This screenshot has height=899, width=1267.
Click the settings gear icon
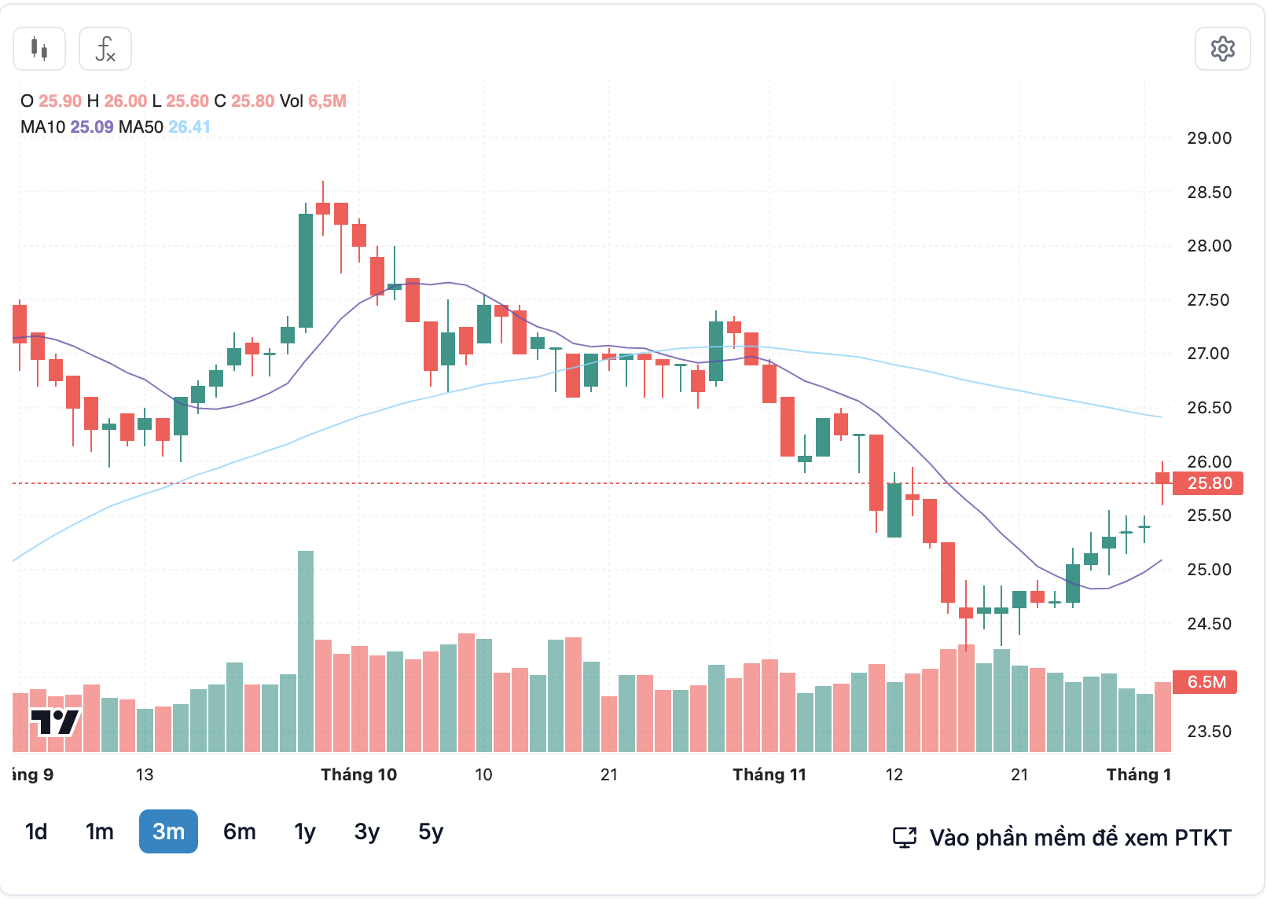click(1222, 49)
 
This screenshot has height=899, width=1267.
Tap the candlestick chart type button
click(39, 49)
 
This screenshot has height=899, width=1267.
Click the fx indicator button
click(105, 49)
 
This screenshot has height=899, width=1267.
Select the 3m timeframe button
click(168, 831)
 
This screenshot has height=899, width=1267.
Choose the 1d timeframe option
click(36, 831)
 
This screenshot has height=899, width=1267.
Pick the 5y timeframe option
click(431, 831)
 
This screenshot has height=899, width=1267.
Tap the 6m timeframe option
click(240, 831)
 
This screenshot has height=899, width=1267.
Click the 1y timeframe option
click(305, 831)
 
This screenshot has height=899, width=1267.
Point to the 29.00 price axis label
click(1209, 138)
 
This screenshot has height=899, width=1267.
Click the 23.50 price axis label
click(1209, 732)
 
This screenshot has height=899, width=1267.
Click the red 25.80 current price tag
click(1208, 483)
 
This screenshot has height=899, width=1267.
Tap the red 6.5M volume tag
click(1205, 682)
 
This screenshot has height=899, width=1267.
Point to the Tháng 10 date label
click(359, 775)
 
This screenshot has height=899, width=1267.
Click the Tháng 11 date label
click(769, 775)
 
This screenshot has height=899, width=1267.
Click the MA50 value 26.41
click(189, 127)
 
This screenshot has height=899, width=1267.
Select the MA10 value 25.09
click(92, 127)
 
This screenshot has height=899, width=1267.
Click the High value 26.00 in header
click(126, 101)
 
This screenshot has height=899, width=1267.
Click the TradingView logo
click(55, 721)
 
